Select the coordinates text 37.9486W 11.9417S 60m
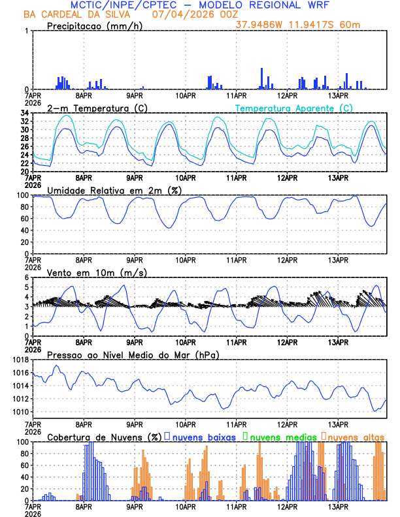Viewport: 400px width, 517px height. click(x=297, y=25)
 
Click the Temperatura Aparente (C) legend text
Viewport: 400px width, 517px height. click(x=294, y=108)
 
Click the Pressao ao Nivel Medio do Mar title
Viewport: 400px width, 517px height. click(x=133, y=354)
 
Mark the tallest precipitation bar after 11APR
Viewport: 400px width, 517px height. click(x=262, y=78)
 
